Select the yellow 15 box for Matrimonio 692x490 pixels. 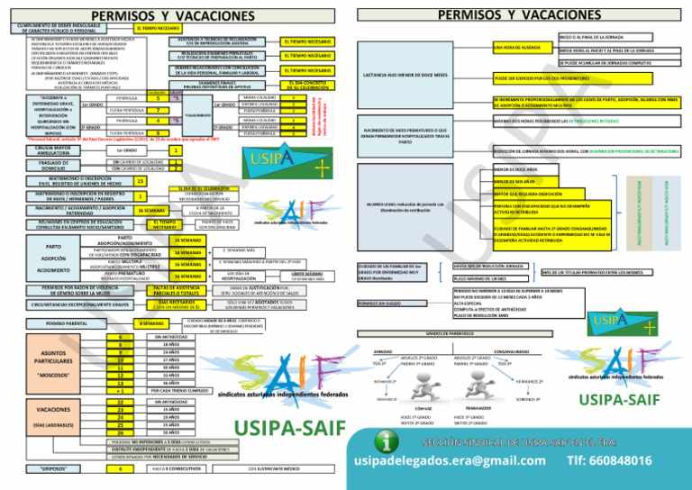140,181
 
